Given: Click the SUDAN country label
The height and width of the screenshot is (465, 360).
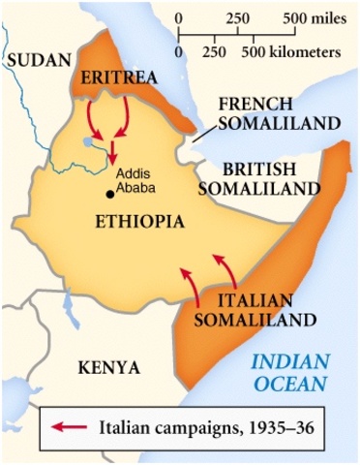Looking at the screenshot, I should (32, 60).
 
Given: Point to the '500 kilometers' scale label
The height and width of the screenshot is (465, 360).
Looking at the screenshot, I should (301, 48).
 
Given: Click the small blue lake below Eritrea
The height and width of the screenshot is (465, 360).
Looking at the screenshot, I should (90, 141).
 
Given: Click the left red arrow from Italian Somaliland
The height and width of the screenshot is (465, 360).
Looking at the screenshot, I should (189, 284).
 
